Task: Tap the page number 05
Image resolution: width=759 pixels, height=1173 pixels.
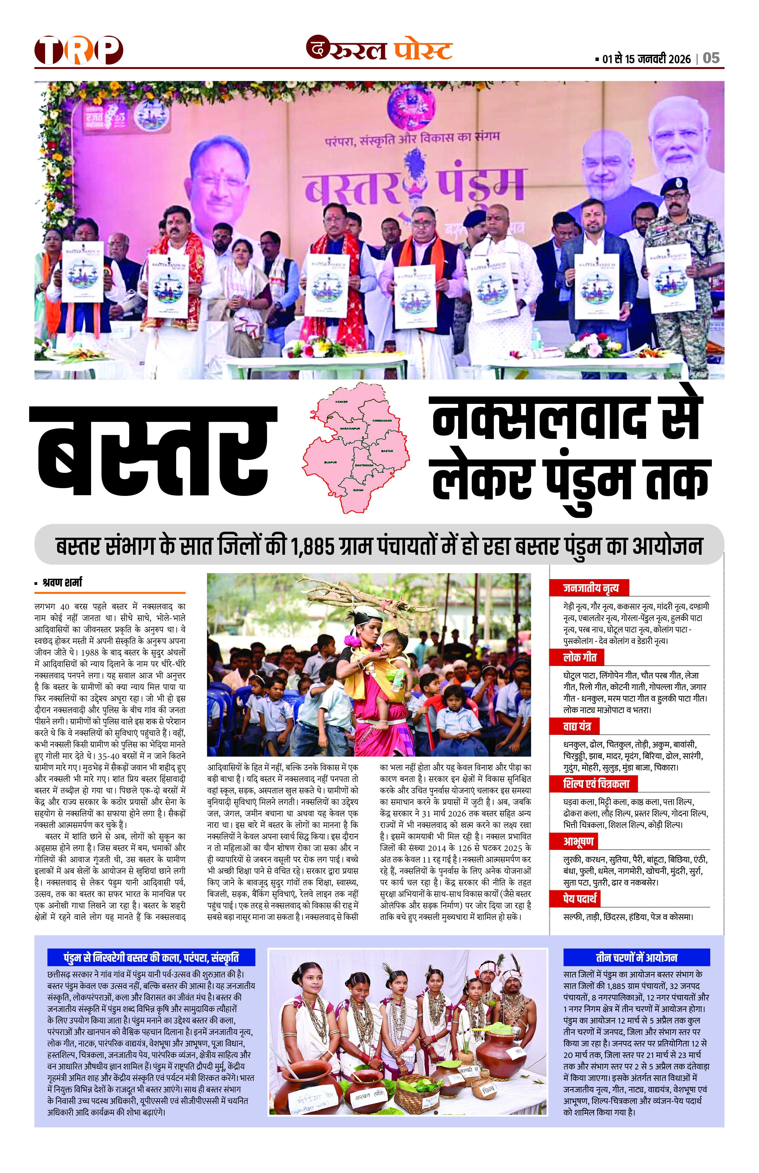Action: [x=711, y=58]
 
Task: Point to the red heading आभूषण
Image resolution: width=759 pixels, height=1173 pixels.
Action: [x=578, y=841]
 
